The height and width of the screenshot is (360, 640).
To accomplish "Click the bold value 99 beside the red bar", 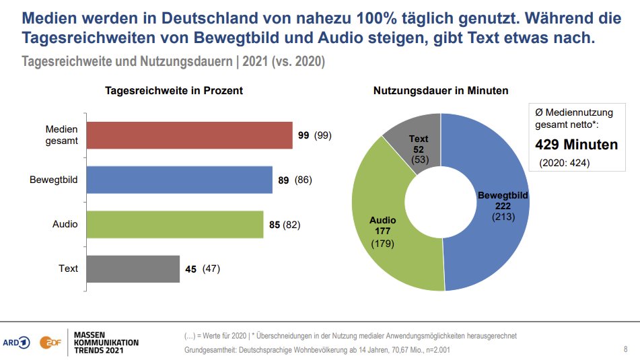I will (x=304, y=135).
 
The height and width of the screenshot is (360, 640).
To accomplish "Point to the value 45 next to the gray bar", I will (x=190, y=268).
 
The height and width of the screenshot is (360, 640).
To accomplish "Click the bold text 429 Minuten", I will (x=576, y=145).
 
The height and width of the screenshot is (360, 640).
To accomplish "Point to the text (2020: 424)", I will (x=565, y=162).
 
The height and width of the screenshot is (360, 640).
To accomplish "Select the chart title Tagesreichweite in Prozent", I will (x=174, y=90).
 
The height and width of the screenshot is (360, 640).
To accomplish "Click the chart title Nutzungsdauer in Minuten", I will (x=441, y=90).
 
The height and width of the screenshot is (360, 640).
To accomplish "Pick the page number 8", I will (x=626, y=349).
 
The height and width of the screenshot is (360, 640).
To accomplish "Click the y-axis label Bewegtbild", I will (x=54, y=180).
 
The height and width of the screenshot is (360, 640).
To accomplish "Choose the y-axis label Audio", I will (x=65, y=224).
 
